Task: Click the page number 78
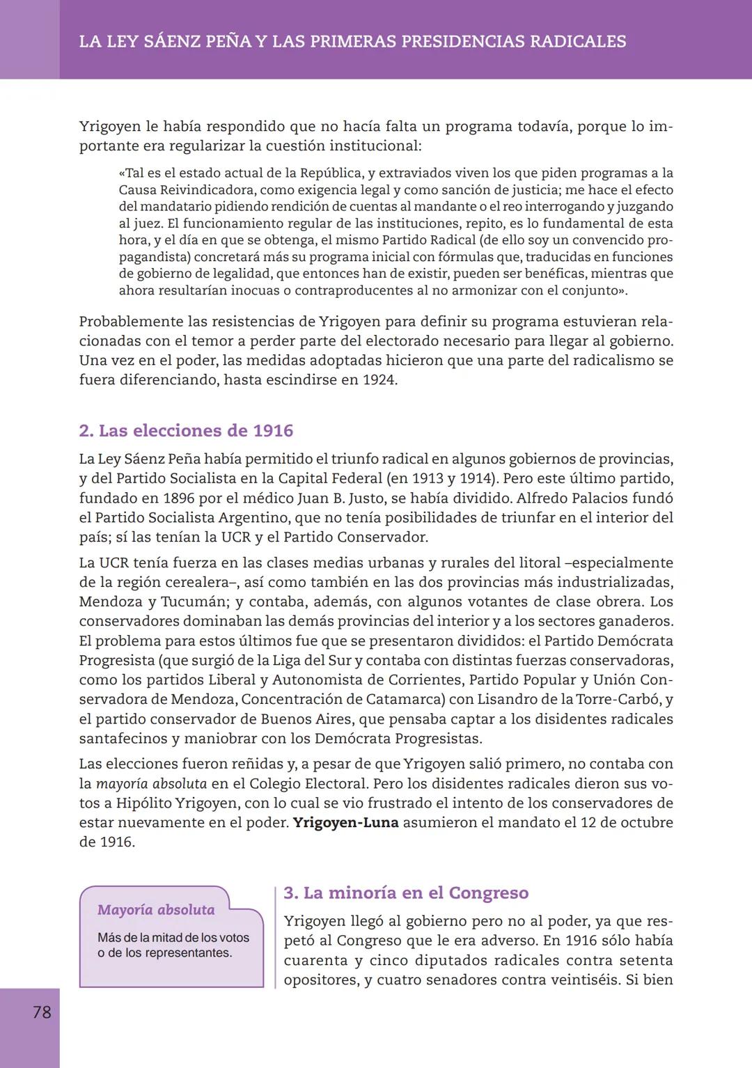(42, 1012)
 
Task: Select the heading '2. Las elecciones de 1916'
(186, 430)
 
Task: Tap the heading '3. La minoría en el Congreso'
(406, 893)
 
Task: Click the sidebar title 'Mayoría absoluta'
(156, 910)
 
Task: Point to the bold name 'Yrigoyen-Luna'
(345, 822)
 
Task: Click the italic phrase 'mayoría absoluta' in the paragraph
(151, 783)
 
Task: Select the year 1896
(179, 498)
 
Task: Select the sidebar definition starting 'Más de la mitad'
(173, 945)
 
